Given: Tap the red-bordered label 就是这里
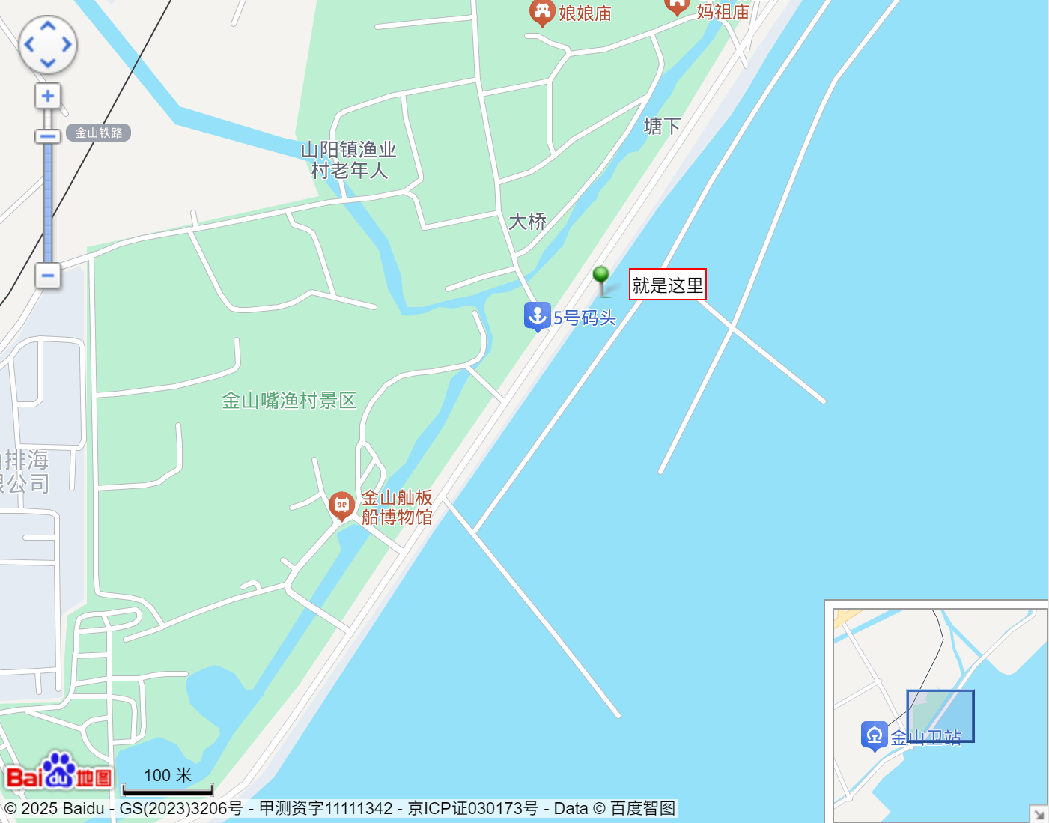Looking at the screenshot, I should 667,285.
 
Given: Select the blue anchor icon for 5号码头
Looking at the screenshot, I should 537,316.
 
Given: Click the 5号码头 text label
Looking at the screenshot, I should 585,318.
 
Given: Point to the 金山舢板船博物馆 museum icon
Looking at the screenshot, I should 341,505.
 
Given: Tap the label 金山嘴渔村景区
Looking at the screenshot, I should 289,401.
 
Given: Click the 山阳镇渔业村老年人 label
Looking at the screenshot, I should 349,160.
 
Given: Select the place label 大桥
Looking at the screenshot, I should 528,222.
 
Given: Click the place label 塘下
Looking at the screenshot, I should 663,126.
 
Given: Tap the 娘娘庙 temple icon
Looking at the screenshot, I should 541,11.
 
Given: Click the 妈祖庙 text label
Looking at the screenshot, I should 723,12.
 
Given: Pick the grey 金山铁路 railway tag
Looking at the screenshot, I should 99,133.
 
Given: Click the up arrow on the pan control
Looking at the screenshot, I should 48,26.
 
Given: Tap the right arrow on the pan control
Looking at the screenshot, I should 67,45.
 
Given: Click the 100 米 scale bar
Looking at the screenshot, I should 168,782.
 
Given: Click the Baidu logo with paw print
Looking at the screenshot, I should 59,771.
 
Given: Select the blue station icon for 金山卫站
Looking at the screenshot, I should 874,735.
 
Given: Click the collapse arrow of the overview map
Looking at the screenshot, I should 1039,813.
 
